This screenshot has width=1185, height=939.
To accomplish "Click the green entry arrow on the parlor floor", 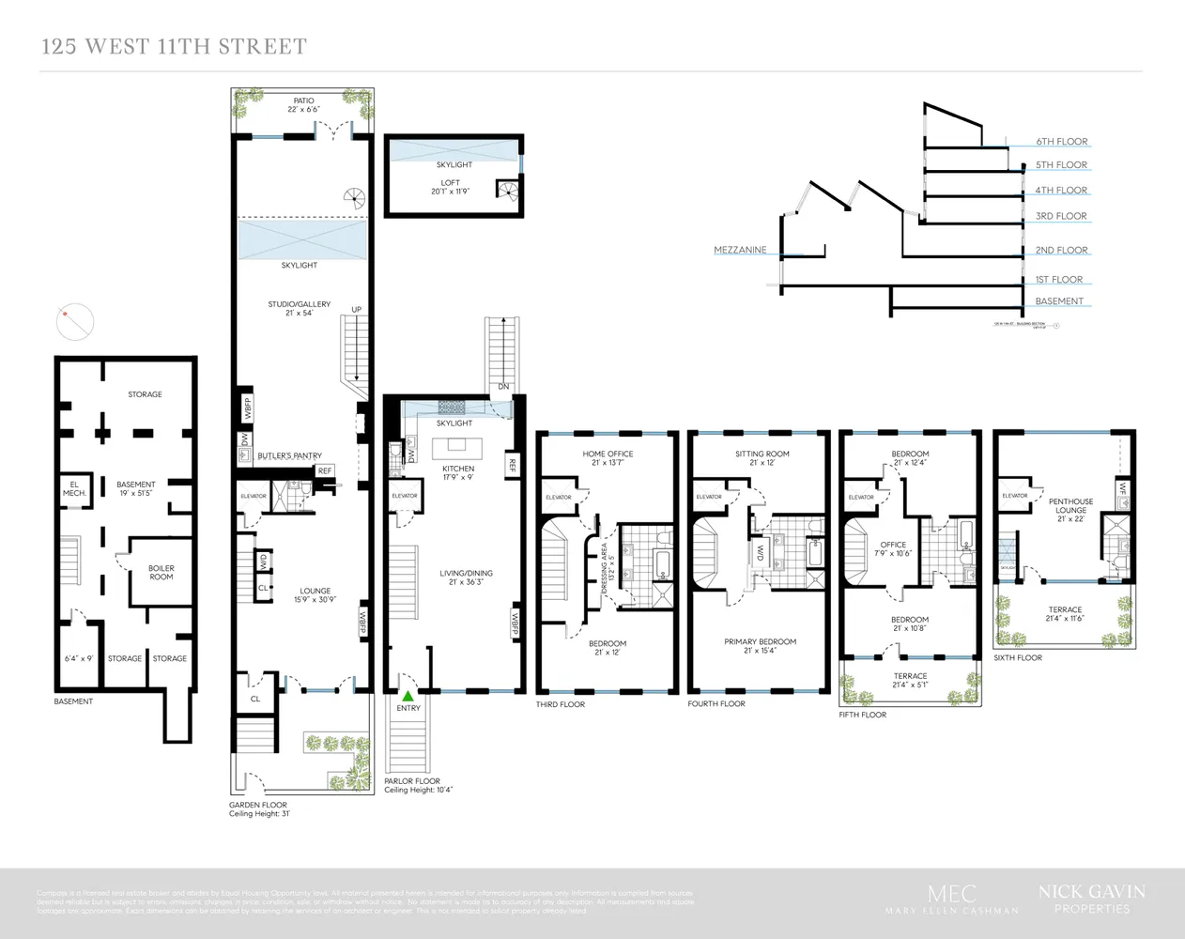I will [x=408, y=697].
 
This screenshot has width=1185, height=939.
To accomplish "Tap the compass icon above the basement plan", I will [x=75, y=323].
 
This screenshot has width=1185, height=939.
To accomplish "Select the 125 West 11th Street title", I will [x=174, y=46].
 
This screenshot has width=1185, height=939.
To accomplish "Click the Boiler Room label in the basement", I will [x=161, y=573].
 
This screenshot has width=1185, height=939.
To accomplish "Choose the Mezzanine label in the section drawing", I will [x=740, y=251].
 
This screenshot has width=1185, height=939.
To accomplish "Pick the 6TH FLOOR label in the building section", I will [x=1061, y=142].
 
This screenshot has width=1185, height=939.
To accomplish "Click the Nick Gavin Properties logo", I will [x=1091, y=898].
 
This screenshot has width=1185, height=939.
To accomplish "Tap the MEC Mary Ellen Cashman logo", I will [x=951, y=900].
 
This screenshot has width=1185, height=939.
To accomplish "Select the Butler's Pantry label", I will [x=289, y=456].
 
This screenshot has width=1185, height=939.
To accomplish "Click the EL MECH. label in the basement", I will [x=74, y=489].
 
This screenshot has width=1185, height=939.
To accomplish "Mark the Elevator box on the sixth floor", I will [x=1014, y=496].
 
